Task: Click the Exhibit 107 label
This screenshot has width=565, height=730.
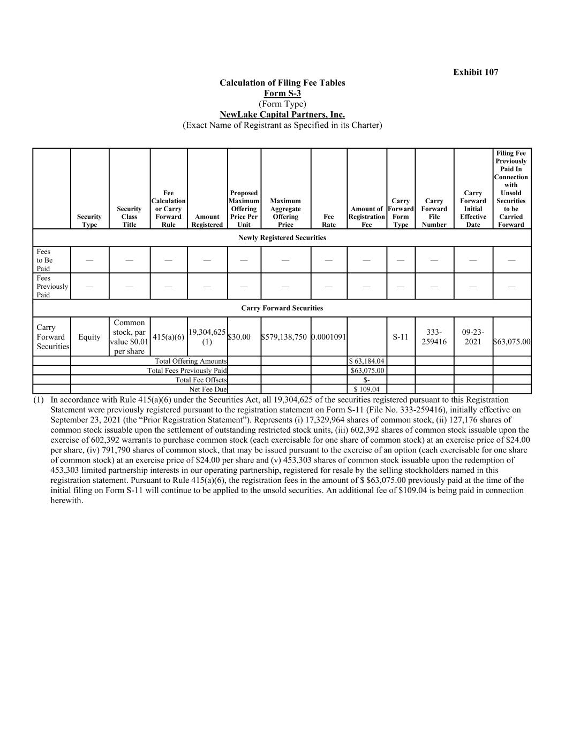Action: coord(476,72)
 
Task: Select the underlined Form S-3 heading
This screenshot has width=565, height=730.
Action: coord(282,93)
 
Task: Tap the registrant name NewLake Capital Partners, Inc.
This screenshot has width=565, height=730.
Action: coord(282,114)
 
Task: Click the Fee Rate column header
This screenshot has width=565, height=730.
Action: coord(329,220)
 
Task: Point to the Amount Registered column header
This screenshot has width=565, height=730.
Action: coord(207,220)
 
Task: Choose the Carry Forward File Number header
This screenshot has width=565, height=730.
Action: coord(434,213)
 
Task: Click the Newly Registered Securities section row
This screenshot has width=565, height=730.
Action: coord(282,237)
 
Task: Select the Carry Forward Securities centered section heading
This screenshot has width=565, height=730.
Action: coord(282,308)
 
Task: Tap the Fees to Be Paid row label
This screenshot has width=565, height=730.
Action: coord(44,260)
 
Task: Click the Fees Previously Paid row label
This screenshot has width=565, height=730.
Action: coord(51,286)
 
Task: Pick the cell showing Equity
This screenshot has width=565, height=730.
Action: coord(89,337)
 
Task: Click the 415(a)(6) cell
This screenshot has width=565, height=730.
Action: coord(168,337)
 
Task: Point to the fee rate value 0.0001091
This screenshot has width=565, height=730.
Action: coord(329,337)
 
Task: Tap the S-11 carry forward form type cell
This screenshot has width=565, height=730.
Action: coord(401,337)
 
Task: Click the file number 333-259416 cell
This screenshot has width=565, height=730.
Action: coord(434,337)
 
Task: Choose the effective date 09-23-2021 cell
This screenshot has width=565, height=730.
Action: coord(473,337)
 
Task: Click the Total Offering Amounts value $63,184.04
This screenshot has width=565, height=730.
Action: coord(367,361)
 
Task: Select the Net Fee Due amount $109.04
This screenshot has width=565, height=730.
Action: coord(366,389)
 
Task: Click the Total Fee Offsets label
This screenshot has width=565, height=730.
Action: coord(201,380)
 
